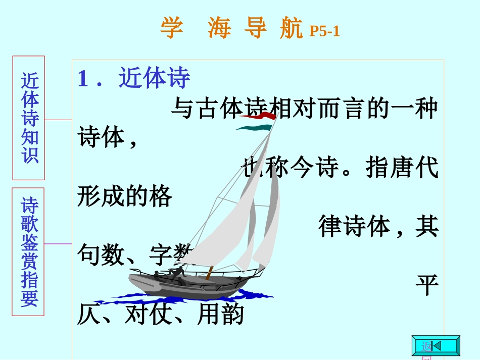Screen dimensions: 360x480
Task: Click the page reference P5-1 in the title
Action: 324,31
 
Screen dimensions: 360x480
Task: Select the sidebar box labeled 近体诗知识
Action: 29,118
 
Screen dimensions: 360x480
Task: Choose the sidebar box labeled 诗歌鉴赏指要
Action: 29,251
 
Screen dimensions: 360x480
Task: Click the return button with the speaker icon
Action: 436,346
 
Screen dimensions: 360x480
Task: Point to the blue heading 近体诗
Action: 154,78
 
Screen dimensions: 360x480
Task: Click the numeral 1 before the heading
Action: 83,78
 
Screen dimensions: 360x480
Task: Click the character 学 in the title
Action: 171,29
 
